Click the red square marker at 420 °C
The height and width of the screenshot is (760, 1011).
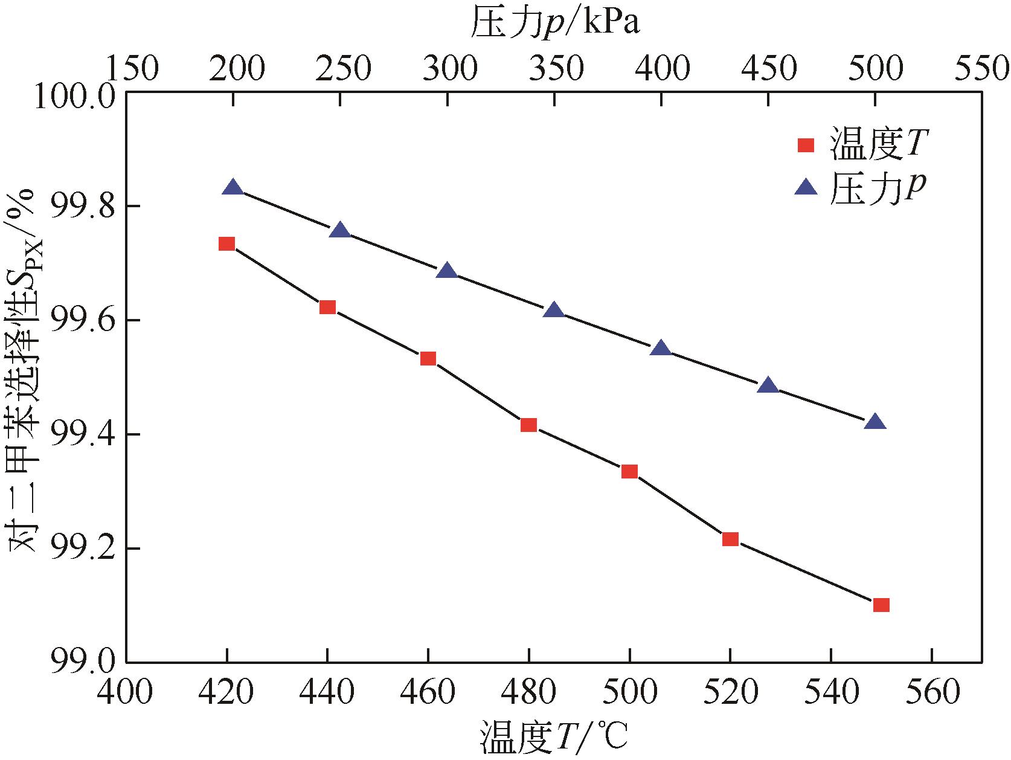226,244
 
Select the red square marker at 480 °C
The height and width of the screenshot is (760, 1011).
528,425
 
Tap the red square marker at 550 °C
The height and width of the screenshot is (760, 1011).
881,605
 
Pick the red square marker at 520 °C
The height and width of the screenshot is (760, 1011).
730,539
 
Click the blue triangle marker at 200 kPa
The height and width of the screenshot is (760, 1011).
233,188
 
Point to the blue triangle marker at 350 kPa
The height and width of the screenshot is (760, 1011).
554,311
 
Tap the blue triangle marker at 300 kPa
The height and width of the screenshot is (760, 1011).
447,271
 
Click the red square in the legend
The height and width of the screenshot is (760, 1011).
806,146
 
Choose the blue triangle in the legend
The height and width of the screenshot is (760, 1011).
806,188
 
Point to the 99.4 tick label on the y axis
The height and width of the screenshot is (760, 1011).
78,434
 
